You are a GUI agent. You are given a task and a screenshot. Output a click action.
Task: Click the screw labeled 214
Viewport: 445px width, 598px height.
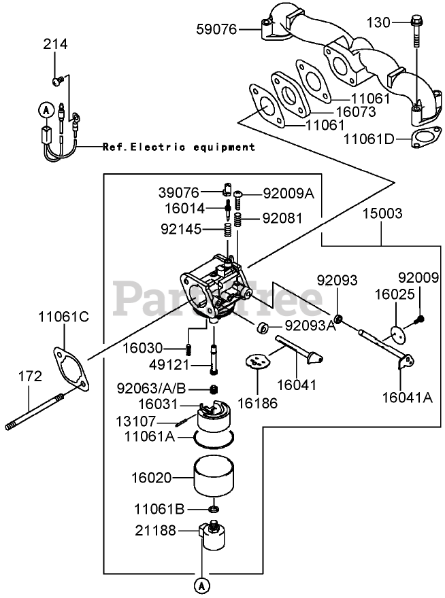pyautogui.click(x=58, y=81)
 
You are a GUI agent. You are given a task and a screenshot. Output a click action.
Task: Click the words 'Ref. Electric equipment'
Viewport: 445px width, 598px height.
pyautogui.click(x=179, y=147)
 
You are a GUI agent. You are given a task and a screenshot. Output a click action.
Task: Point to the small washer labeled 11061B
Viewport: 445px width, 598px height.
pyautogui.click(x=214, y=508)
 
